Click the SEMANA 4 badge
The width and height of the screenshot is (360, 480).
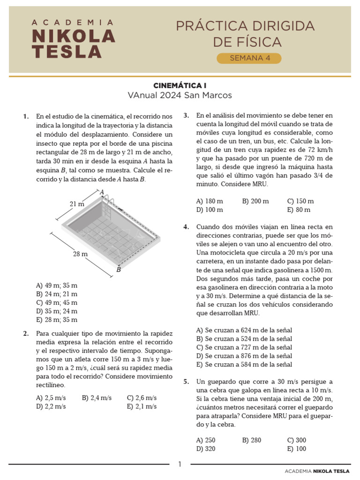click(248, 58)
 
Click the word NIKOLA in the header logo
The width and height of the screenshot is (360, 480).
click(73, 36)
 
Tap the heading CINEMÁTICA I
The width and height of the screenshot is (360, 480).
click(180, 86)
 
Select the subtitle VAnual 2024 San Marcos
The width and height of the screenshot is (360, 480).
click(180, 96)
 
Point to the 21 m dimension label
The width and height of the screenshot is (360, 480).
click(77, 204)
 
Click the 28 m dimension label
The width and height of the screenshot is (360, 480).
click(80, 254)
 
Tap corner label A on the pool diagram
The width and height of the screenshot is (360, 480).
click(101, 192)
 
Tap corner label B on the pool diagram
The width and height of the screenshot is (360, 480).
click(119, 270)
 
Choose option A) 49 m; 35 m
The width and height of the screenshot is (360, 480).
click(57, 285)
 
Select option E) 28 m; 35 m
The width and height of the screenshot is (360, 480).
click(57, 320)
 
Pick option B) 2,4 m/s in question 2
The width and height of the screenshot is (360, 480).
click(97, 397)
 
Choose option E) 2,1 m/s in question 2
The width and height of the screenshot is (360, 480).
click(142, 406)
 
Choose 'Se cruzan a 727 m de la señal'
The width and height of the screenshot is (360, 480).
click(244, 347)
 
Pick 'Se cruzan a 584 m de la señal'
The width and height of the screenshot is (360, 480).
click(244, 364)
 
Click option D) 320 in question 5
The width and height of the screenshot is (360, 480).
click(206, 449)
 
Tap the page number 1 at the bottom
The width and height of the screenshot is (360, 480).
click(180, 464)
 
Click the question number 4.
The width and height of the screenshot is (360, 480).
click(186, 227)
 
